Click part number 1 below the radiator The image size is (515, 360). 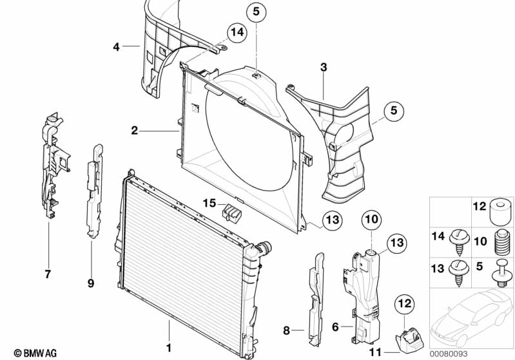pyautogui.click(x=169, y=348)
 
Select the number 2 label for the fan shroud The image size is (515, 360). pyautogui.click(x=134, y=131)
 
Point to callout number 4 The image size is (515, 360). pyautogui.click(x=116, y=46)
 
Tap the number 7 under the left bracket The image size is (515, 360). pyautogui.click(x=48, y=274)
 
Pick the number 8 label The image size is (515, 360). pyautogui.click(x=287, y=331)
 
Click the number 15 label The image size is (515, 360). pyautogui.click(x=208, y=203)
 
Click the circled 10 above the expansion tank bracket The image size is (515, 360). pyautogui.click(x=372, y=220)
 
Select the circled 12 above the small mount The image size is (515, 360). pyautogui.click(x=403, y=302)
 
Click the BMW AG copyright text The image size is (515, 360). pyautogui.click(x=30, y=352)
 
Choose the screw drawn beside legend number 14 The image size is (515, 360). pyautogui.click(x=459, y=240)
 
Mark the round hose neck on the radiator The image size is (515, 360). pyautogui.click(x=265, y=248)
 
